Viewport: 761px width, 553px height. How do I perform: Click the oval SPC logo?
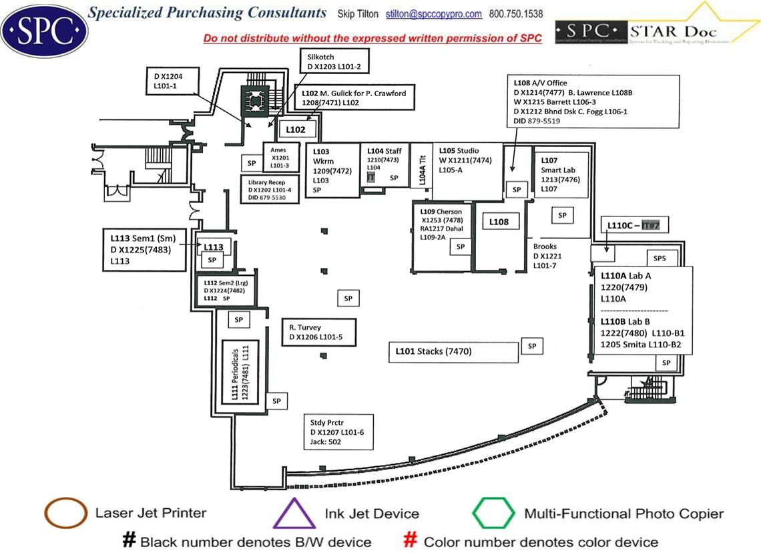coord(45,30)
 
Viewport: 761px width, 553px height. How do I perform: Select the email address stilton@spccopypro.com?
coord(444,14)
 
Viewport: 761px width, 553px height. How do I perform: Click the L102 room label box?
coord(296,130)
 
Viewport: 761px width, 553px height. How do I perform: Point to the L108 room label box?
coord(499,222)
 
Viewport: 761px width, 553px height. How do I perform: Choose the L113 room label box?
coord(214,247)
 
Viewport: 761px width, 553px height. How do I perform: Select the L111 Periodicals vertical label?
coord(240,371)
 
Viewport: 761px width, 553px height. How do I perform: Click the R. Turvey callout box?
coord(319,333)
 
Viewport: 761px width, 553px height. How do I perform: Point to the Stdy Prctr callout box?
coord(338,432)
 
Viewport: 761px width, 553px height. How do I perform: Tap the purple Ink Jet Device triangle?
coord(294,513)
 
